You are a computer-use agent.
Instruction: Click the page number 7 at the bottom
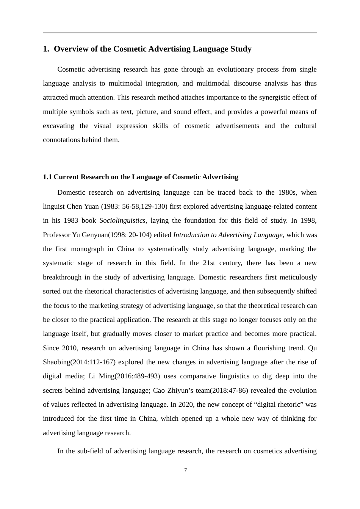[185, 470]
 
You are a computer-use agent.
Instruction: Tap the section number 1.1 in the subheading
[47, 177]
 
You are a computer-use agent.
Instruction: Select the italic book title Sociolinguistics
[122, 220]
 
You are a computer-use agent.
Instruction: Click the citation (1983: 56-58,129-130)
[134, 206]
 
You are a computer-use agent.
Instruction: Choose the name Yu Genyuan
[90, 235]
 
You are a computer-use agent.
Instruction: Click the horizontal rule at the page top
[180, 33]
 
